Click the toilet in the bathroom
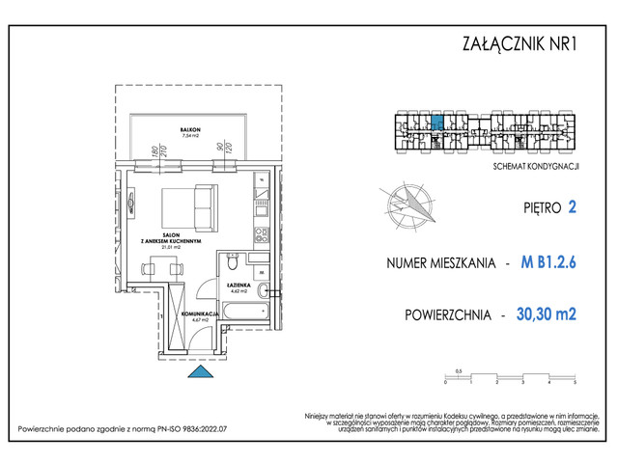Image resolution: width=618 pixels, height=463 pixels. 233,263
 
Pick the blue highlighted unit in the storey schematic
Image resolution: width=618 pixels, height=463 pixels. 435,123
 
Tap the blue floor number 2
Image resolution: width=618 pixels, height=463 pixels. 573,206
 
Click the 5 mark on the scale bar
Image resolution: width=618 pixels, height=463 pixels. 574,383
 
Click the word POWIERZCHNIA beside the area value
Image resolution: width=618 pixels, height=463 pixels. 447,315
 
